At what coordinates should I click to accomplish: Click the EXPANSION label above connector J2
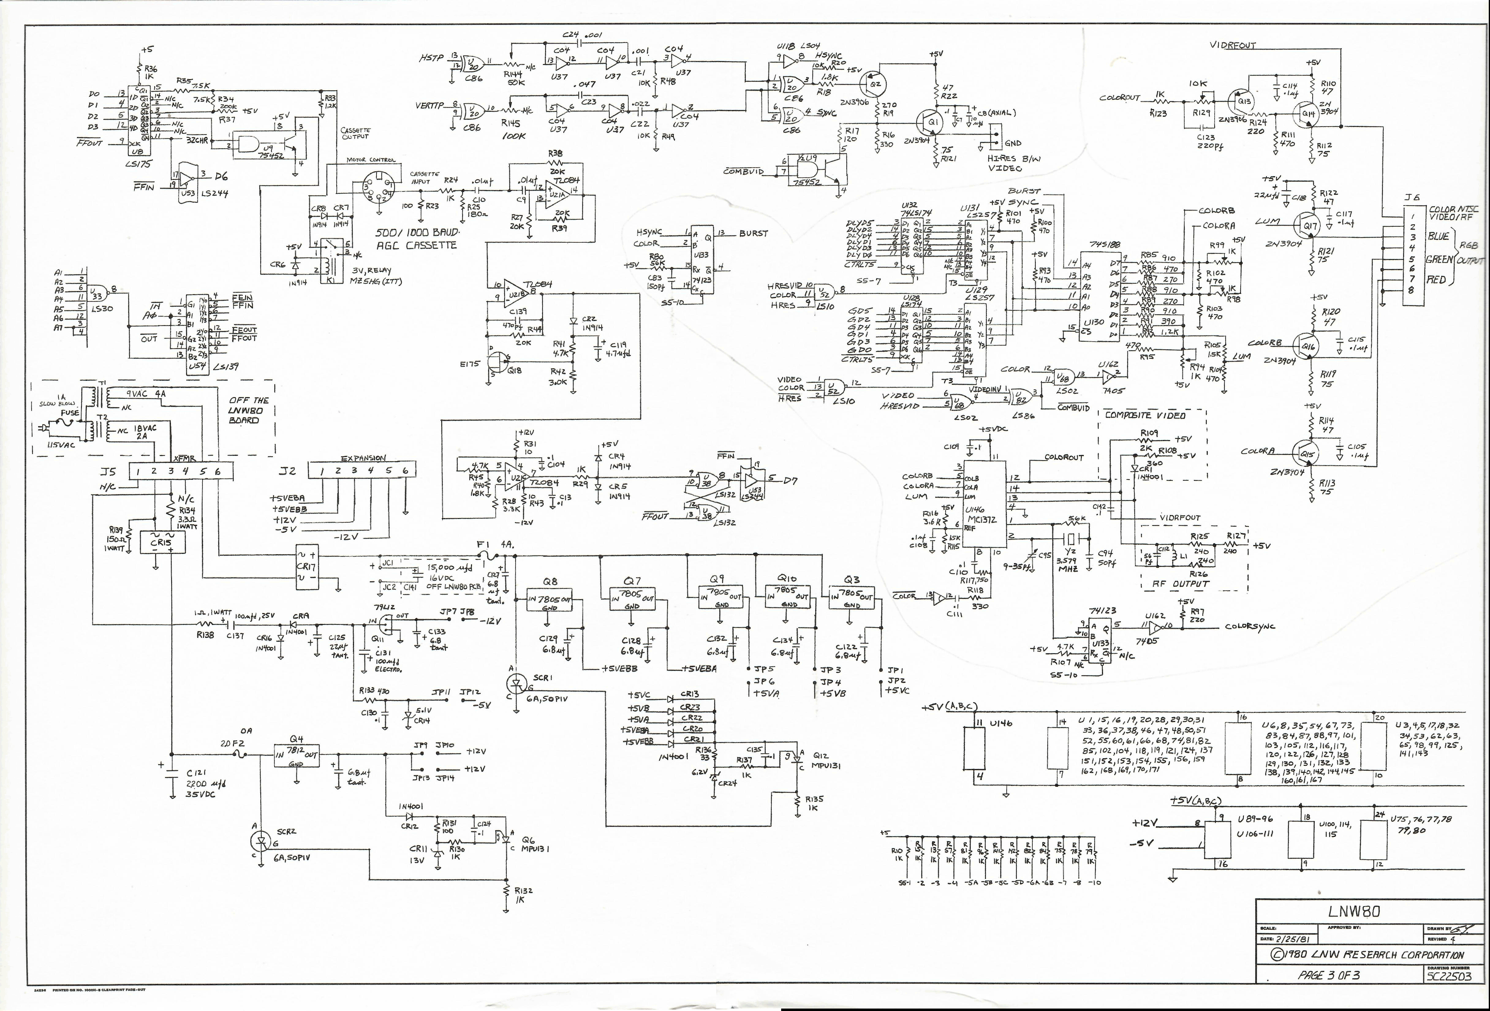363,458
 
